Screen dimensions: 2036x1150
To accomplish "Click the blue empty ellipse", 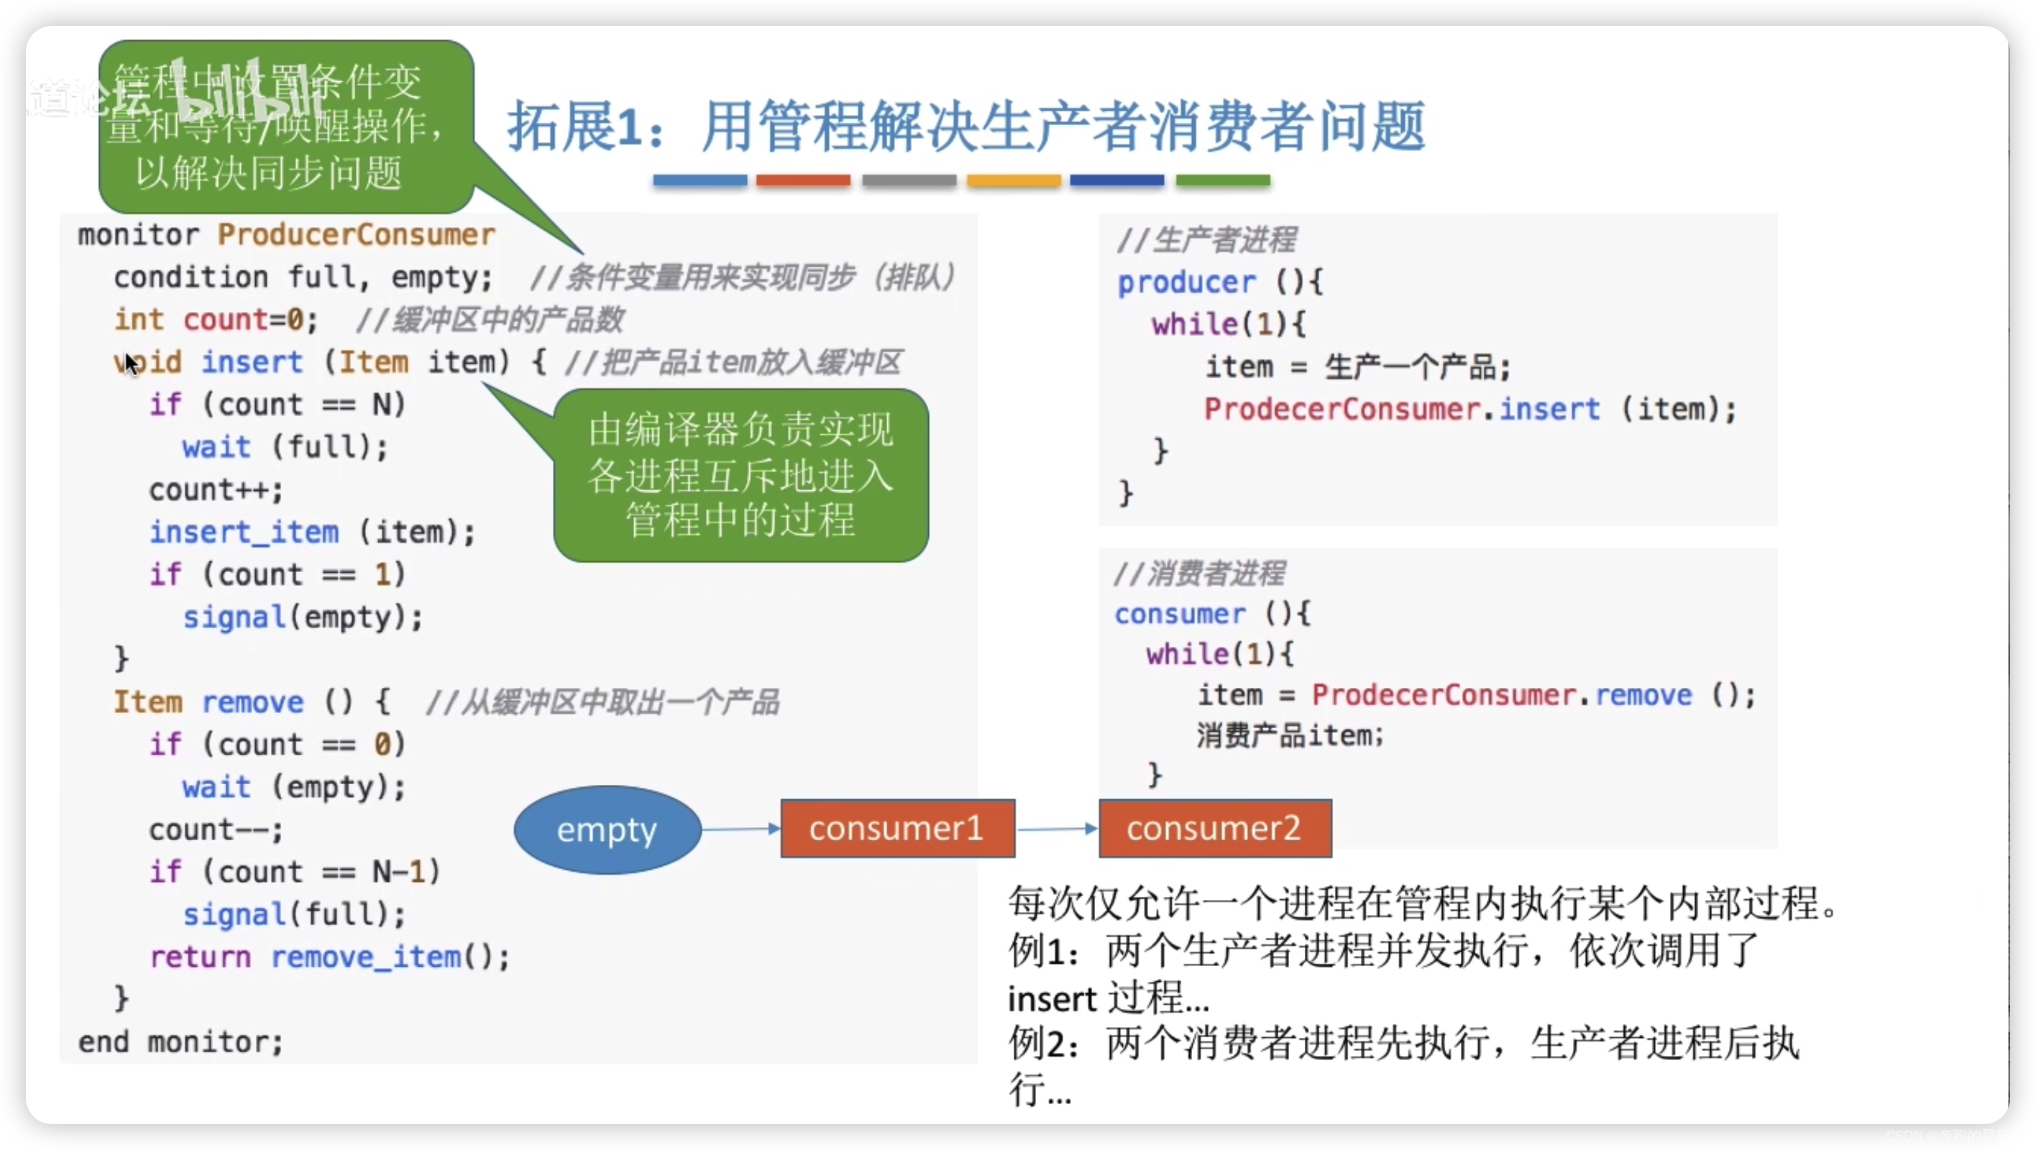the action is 607,829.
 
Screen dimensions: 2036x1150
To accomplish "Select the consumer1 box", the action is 897,828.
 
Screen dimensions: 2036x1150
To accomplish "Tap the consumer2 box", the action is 1215,828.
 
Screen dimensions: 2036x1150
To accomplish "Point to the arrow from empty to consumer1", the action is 740,829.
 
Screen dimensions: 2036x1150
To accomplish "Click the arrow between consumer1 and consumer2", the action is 1057,829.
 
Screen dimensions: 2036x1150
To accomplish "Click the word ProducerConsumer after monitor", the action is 357,235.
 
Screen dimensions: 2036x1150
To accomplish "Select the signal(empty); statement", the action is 303,617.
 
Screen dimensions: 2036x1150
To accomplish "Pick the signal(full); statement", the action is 294,914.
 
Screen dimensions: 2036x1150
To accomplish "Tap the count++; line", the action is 216,490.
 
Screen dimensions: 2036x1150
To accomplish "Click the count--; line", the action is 216,830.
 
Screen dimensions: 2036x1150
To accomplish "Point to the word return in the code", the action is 201,957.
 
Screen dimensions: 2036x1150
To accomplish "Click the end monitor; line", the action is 180,1041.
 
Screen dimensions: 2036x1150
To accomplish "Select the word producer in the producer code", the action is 1186,282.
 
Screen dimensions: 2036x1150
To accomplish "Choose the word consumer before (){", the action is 1179,613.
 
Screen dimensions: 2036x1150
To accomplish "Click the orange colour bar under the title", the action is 803,180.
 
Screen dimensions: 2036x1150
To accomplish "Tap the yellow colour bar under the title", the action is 1013,180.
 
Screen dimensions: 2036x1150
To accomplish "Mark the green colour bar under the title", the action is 1223,180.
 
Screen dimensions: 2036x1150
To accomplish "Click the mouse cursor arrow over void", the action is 130,364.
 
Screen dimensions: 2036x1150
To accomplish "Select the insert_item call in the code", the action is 244,532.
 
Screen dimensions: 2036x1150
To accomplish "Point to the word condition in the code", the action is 191,277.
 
